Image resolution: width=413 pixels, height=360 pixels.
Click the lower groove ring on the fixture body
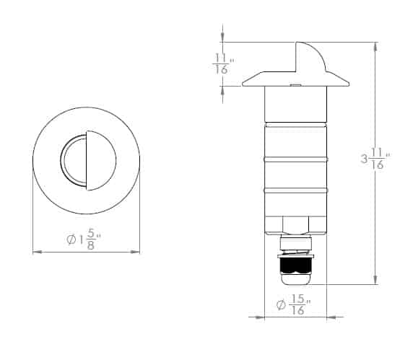click(295, 190)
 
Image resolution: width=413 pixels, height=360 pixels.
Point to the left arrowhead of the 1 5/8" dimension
click(36, 251)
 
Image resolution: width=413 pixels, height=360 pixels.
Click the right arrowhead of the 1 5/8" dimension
click(136, 251)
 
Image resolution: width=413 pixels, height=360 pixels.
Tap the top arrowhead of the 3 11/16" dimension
click(375, 45)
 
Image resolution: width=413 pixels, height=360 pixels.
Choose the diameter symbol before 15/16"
click(280, 306)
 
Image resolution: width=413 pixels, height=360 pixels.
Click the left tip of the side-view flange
click(243, 84)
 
